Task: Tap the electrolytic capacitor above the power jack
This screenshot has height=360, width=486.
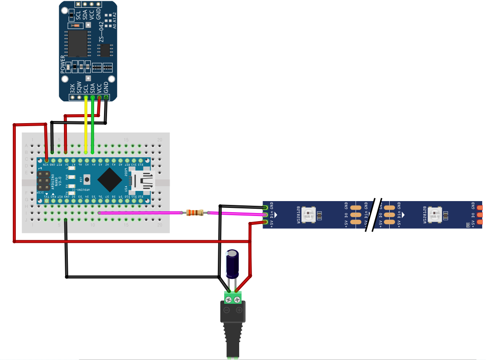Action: point(233,264)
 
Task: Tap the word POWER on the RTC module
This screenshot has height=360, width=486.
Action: point(63,64)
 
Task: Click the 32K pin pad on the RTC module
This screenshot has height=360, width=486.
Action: point(73,98)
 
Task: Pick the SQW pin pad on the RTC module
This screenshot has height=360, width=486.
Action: point(79,98)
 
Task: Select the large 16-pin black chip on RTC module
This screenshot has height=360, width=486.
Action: point(78,43)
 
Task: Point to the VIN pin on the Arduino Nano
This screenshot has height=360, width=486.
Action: point(46,160)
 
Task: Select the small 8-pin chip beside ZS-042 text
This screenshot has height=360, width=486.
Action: point(105,50)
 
